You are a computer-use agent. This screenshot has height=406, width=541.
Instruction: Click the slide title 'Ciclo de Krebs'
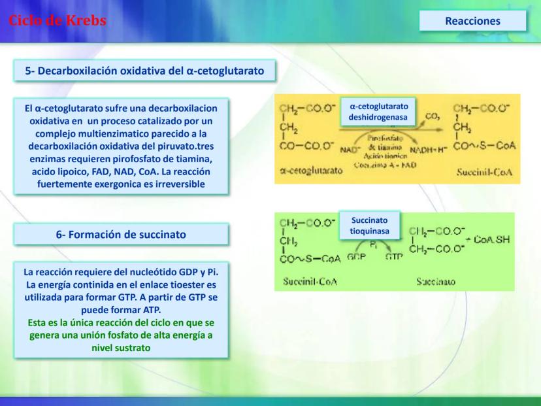(57, 20)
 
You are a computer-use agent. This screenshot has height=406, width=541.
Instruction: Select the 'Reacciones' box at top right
(472, 21)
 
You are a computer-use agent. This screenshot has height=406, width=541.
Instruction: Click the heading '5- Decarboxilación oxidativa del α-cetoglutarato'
(144, 71)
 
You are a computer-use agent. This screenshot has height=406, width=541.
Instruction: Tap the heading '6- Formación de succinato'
(121, 234)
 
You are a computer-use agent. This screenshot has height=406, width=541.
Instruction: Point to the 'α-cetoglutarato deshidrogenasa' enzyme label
(379, 112)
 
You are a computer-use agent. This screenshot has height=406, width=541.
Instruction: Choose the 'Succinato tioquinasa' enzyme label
(369, 226)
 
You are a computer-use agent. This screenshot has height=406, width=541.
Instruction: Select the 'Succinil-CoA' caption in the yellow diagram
(485, 173)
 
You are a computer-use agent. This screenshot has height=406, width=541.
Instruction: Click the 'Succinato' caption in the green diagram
(436, 282)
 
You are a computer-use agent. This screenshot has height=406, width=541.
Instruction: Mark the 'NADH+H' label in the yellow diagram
(429, 148)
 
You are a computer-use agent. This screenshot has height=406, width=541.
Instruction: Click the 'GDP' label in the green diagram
(356, 257)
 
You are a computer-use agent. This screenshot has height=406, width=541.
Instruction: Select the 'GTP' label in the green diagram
(394, 257)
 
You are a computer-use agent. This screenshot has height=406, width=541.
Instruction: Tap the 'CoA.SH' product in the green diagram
(491, 240)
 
